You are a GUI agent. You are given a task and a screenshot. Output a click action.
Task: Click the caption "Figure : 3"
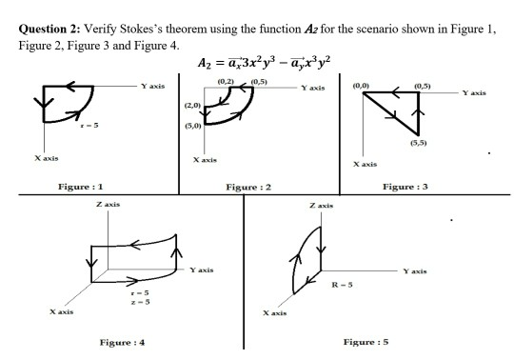click(x=405, y=187)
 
